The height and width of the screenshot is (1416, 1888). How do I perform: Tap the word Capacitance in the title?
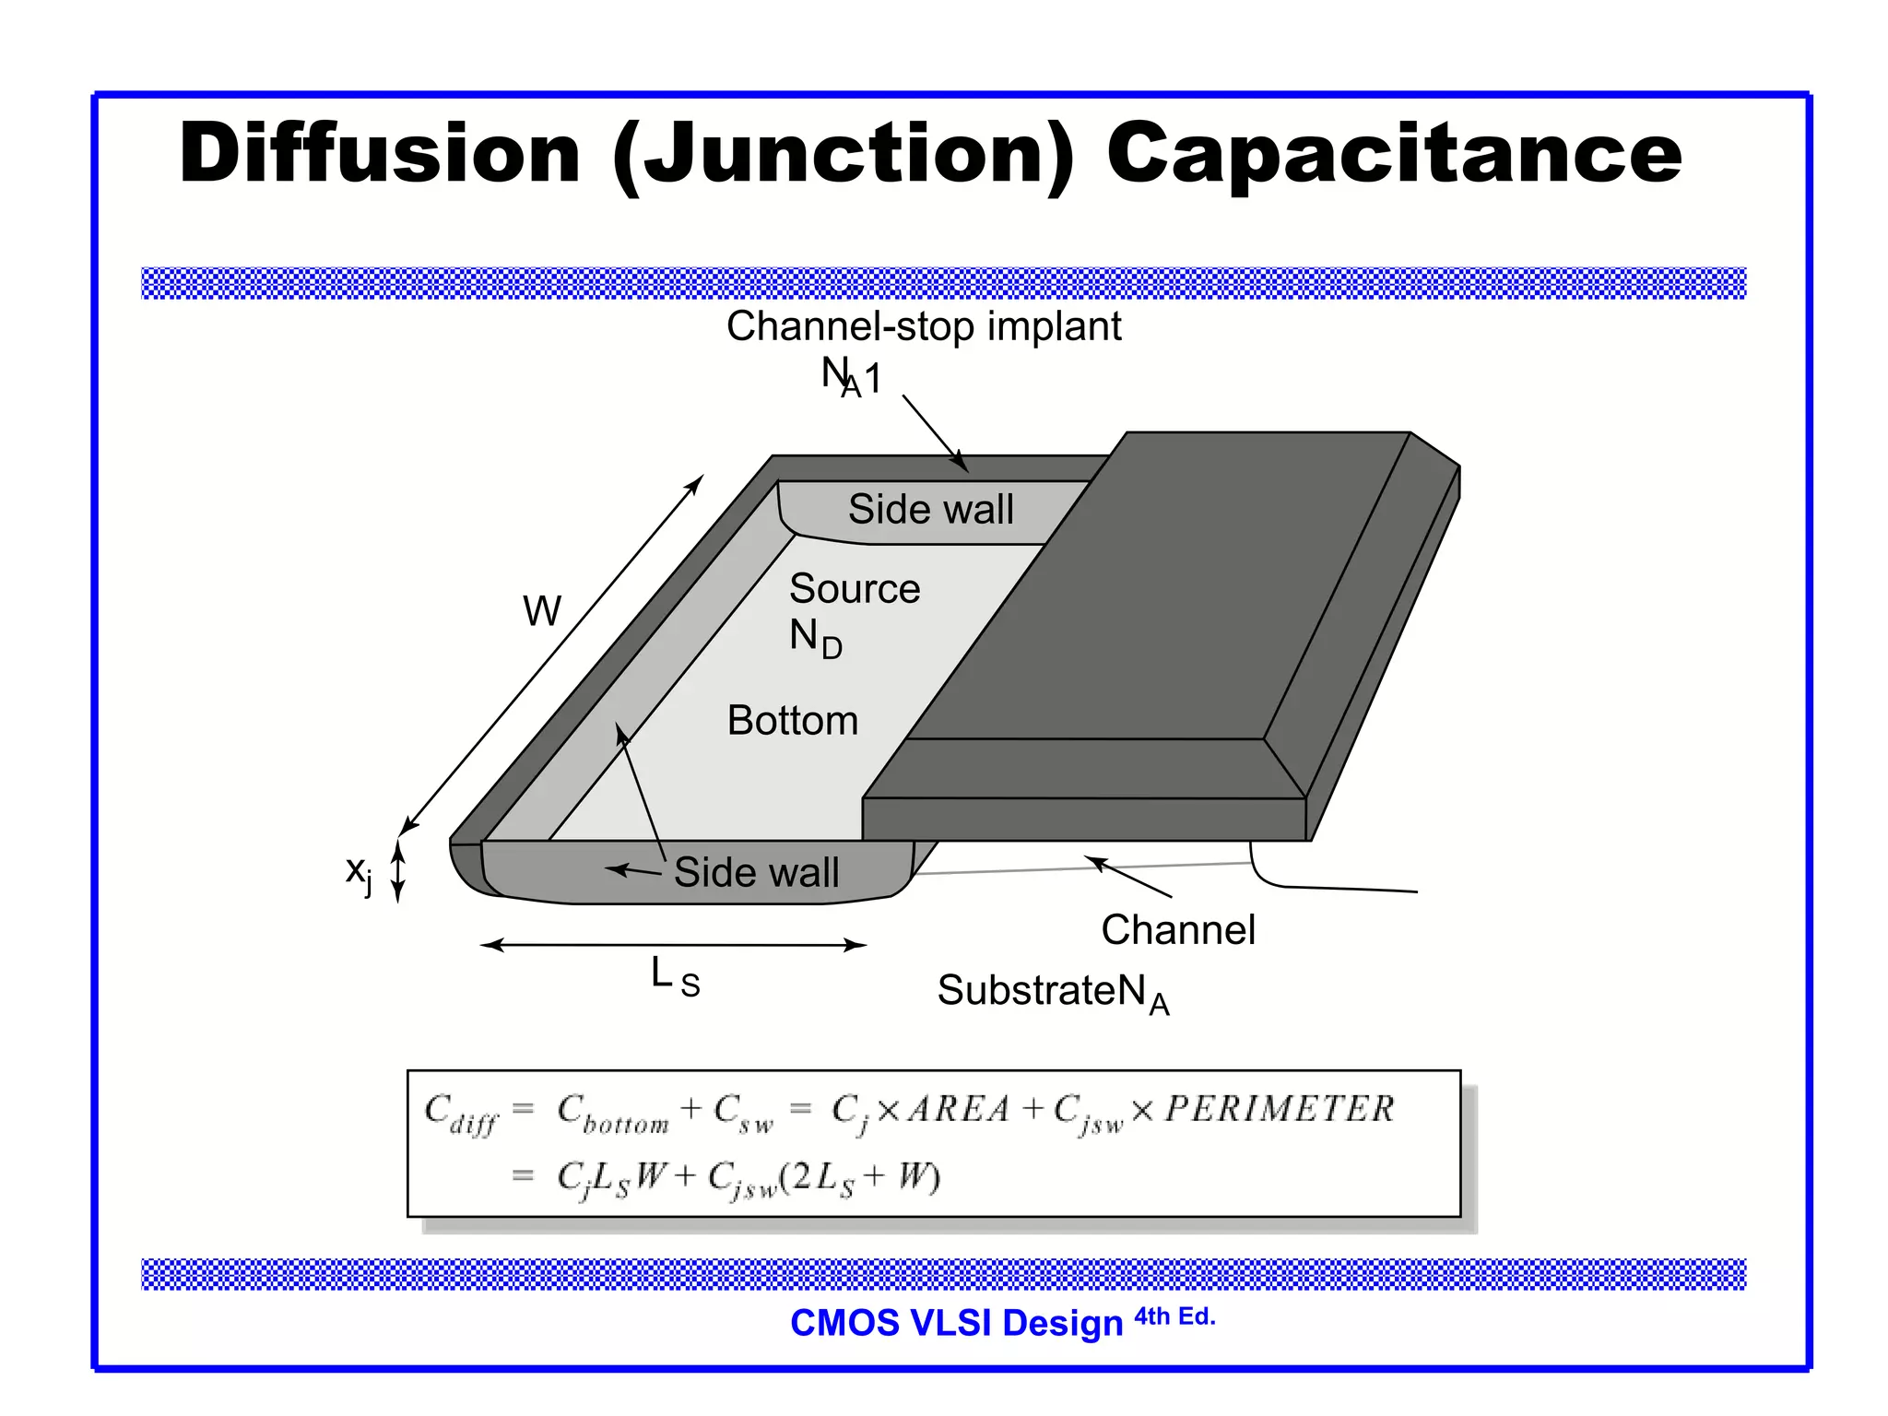pos(1394,155)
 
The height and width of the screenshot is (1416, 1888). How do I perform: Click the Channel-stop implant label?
pos(924,326)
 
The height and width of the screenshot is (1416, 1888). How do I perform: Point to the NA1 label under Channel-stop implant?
pos(851,377)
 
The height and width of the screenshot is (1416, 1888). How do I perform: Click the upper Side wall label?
pos(930,510)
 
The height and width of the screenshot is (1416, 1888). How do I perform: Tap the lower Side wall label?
pos(756,872)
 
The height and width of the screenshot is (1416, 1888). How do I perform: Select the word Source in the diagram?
pos(855,589)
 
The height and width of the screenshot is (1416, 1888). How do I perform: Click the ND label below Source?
pos(816,638)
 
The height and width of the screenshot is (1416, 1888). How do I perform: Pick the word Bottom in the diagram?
pos(793,721)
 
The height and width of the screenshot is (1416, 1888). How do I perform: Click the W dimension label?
pos(542,611)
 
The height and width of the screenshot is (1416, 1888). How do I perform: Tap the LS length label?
pos(675,977)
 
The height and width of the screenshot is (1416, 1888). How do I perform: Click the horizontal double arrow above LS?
pos(674,945)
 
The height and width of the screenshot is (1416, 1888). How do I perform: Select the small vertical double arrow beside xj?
pos(398,871)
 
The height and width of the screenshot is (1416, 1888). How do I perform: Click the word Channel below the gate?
pos(1178,930)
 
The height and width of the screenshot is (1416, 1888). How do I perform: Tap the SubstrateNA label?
pos(1053,993)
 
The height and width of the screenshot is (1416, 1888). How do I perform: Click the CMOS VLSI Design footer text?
pos(956,1323)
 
